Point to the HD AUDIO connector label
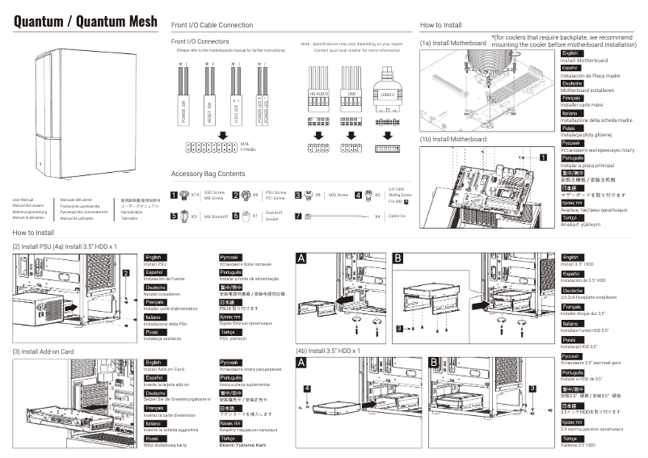pos(318,95)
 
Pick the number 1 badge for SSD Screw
pos(175,195)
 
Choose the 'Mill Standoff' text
pos(214,216)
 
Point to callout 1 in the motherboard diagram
pos(545,158)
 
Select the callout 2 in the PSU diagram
pos(126,273)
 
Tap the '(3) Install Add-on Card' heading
pos(43,351)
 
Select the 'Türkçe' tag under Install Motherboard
pos(570,218)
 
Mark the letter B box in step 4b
pos(435,363)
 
